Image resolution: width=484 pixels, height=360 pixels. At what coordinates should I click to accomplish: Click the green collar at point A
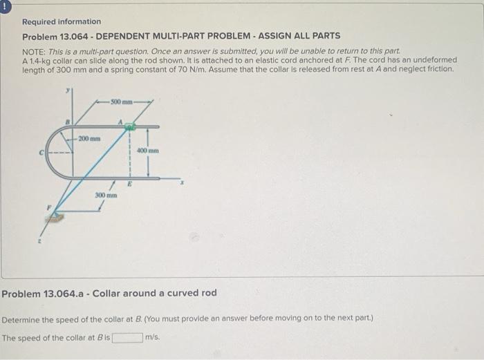(x=129, y=126)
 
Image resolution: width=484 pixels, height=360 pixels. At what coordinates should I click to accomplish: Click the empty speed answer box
(x=128, y=338)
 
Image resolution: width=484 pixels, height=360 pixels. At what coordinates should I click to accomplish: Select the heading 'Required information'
(x=61, y=21)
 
